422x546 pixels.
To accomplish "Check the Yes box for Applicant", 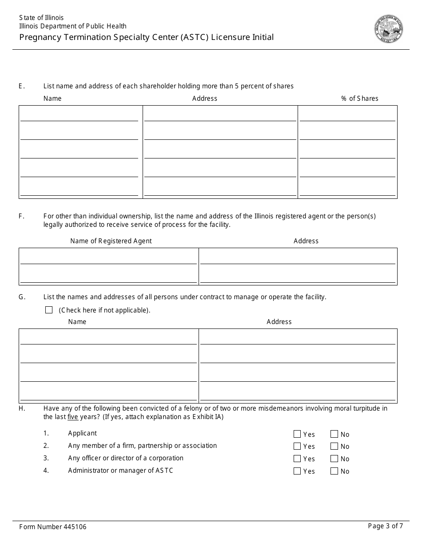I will tap(297, 434).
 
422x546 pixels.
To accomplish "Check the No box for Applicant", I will tap(334, 434).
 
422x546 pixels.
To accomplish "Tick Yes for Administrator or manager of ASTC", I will tap(297, 471).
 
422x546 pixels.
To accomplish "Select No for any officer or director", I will tap(334, 459).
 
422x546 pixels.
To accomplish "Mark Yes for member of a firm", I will tap(297, 446).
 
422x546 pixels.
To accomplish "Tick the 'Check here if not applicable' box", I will tap(49, 310).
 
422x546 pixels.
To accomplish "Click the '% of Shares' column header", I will tap(359, 99).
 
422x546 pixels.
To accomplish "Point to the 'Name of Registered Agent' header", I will tap(111, 241).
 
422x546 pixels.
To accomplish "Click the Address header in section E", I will tap(204, 99).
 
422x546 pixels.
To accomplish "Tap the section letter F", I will tap(21, 216).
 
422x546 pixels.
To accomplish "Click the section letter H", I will tap(21, 408).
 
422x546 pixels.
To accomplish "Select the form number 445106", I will tap(52, 527).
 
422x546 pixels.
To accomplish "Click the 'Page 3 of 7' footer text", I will tap(385, 526).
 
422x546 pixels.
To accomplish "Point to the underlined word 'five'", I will tap(73, 417).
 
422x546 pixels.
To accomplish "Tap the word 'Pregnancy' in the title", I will tap(40, 37).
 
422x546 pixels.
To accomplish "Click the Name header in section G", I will tap(77, 322).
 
